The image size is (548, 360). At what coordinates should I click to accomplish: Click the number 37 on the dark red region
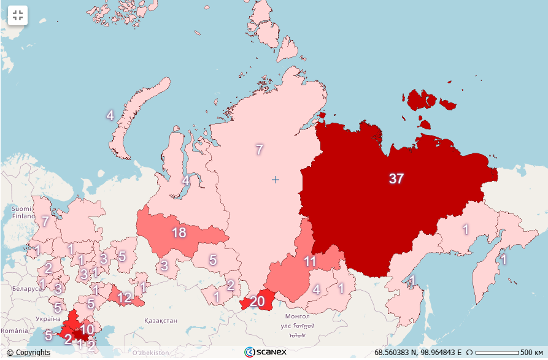396,178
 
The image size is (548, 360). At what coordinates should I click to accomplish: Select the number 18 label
179,233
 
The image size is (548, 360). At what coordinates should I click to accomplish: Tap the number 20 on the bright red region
257,301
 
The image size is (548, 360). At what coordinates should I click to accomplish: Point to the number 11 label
310,261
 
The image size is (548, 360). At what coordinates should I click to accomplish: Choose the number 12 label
125,298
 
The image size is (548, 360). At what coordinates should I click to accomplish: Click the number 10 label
87,329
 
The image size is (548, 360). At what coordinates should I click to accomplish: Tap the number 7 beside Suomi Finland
45,221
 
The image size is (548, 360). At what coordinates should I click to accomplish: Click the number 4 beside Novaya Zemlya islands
110,115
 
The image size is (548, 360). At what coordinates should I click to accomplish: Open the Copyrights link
28,353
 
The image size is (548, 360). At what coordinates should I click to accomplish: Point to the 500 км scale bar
497,353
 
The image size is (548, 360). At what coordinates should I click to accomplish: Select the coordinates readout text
418,353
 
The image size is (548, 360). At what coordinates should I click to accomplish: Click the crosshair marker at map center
276,180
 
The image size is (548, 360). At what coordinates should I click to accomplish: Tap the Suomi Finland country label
23,212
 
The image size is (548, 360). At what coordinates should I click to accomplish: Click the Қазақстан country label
161,321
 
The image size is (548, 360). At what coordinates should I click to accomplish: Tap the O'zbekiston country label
151,353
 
